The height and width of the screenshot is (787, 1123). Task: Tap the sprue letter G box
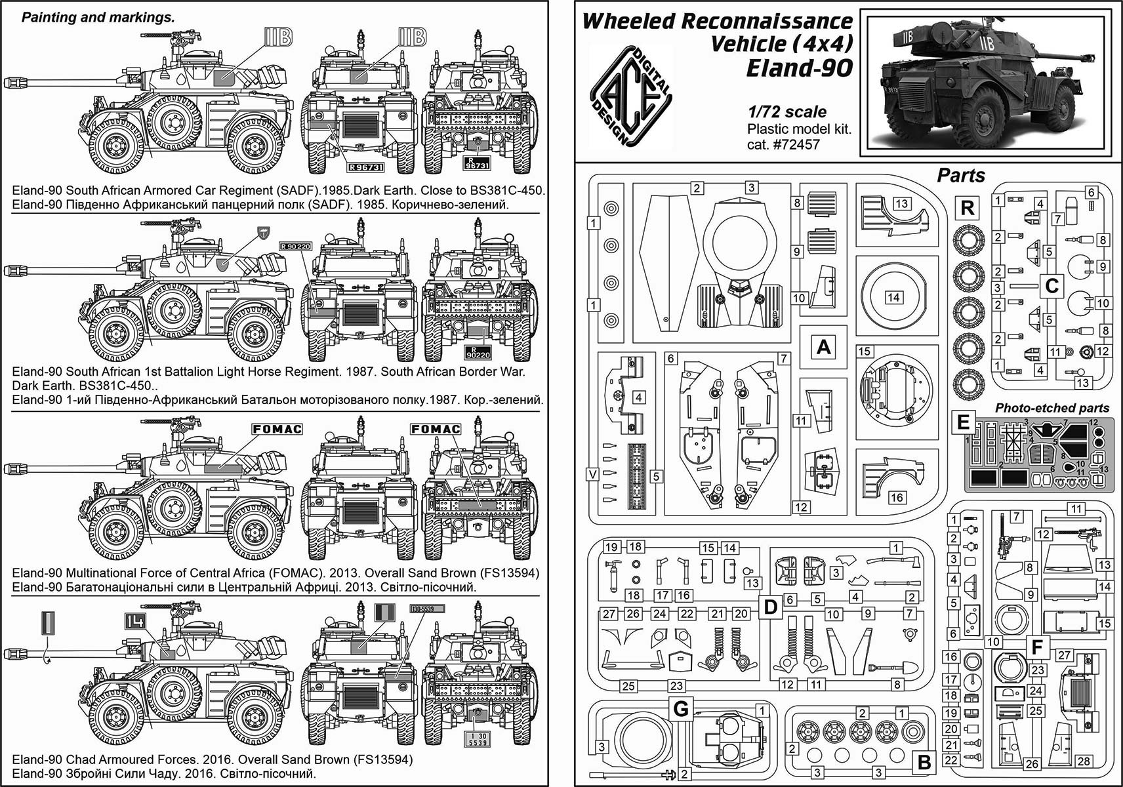coord(682,709)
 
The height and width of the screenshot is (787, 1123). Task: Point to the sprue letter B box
coord(924,763)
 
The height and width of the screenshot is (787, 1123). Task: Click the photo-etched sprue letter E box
coord(963,421)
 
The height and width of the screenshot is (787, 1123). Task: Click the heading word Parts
coord(960,176)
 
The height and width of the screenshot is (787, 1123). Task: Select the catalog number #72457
coord(797,144)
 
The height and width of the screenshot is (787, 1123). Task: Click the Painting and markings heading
coord(98,18)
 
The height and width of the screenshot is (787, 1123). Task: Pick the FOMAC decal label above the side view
coord(277,429)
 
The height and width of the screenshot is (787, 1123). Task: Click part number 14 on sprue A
coord(893,297)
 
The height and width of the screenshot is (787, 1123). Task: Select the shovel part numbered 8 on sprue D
coord(881,668)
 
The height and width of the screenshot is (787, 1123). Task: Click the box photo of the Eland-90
coord(990,84)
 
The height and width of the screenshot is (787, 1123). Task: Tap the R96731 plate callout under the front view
coord(365,167)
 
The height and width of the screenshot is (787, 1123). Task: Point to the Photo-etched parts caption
coord(1052,408)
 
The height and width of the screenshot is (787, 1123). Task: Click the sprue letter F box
coord(1036,647)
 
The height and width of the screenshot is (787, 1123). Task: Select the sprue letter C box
coord(1052,286)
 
